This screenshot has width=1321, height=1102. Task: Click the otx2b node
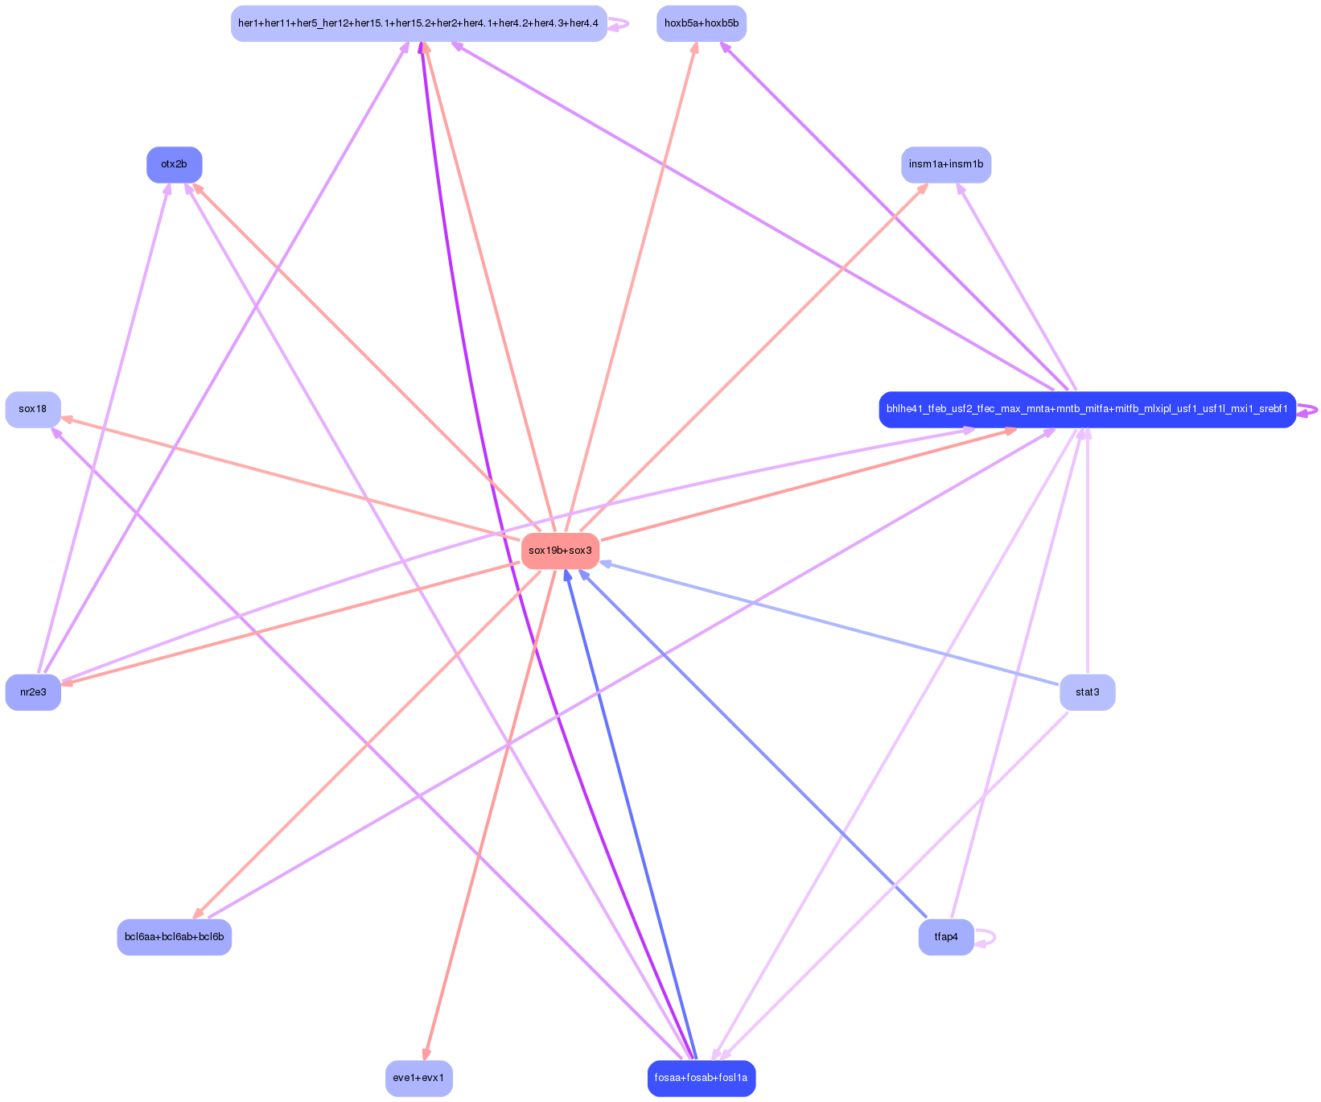[x=174, y=164]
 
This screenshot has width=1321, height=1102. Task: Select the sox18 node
[x=33, y=409]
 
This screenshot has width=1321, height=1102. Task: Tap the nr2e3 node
[x=33, y=692]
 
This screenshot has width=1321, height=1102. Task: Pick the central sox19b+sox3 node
[x=560, y=551]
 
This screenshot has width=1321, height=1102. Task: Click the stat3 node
[x=1087, y=692]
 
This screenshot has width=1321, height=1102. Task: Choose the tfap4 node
[x=946, y=937]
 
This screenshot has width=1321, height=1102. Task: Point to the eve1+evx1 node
[x=419, y=1078]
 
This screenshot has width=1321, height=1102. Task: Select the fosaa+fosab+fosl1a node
[x=701, y=1078]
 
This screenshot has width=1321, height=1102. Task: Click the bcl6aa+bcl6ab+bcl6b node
[x=174, y=937]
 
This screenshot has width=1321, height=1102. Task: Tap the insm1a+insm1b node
[x=946, y=164]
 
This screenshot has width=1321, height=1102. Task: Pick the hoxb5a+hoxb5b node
[x=701, y=23]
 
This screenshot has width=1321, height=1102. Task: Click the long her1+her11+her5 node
[x=418, y=23]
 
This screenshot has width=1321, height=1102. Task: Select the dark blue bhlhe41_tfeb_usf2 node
[x=1087, y=409]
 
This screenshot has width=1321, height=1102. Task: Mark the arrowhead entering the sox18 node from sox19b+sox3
[x=68, y=419]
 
